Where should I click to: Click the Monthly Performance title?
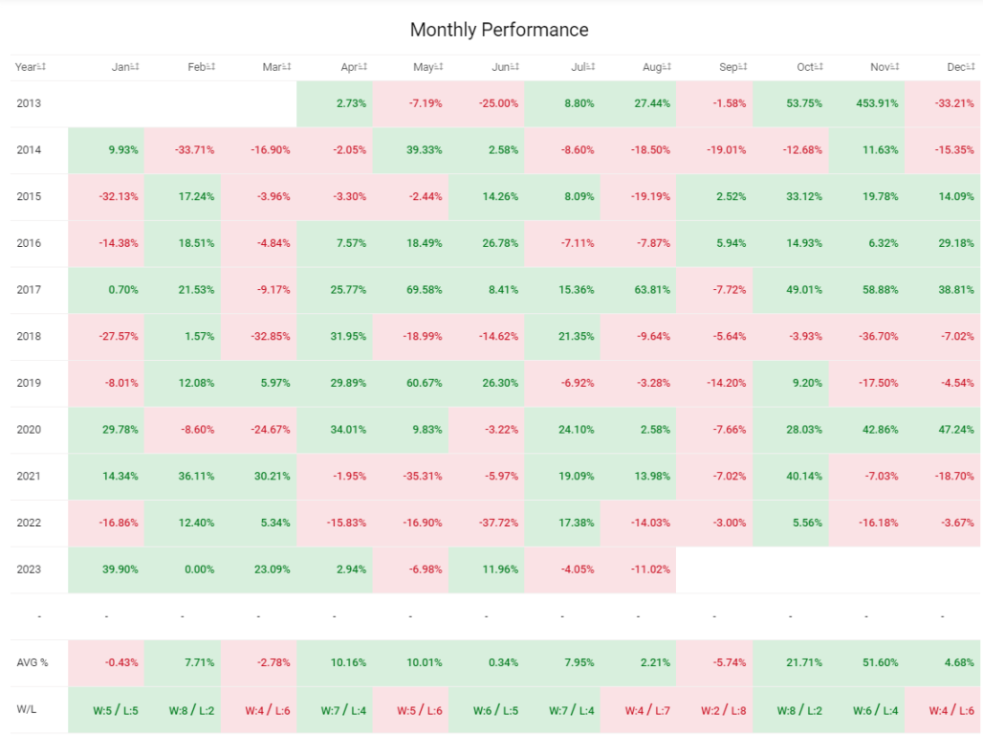pos(499,30)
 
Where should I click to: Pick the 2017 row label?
pos(29,290)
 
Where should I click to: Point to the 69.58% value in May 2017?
pos(424,290)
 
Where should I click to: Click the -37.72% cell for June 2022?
pos(498,523)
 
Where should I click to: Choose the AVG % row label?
pos(32,662)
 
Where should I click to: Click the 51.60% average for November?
pos(880,662)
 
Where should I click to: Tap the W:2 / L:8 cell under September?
pos(723,710)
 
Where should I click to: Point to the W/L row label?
pos(27,709)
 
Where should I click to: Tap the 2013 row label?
pos(29,103)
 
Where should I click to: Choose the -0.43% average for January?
pos(121,662)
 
